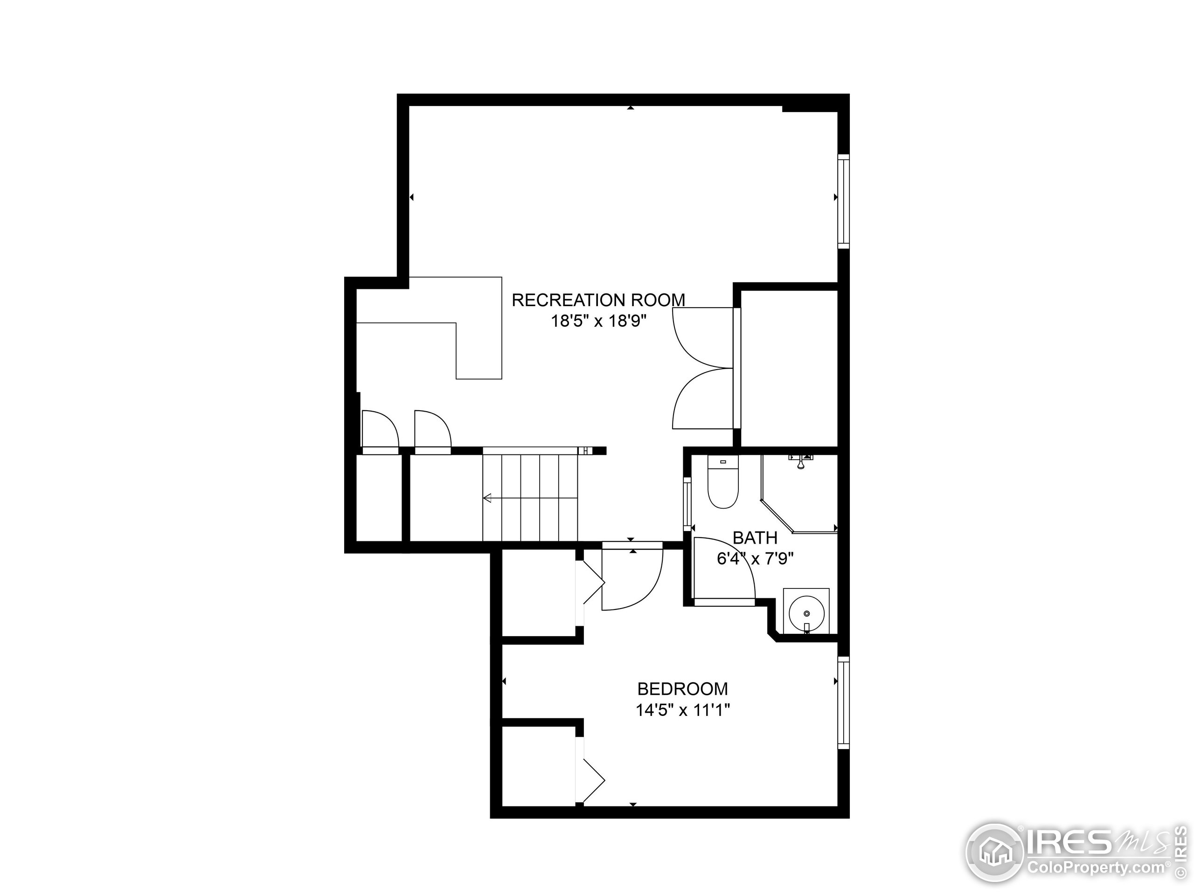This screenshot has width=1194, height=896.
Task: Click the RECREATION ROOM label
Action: [598, 300]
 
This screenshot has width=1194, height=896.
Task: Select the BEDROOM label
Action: [682, 689]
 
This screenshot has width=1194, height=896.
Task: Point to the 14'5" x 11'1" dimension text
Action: [682, 710]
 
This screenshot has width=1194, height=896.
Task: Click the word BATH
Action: [755, 538]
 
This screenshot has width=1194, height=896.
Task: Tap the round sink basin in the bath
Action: [806, 614]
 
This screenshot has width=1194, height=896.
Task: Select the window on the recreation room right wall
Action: [844, 201]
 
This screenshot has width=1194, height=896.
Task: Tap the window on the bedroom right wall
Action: [844, 703]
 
